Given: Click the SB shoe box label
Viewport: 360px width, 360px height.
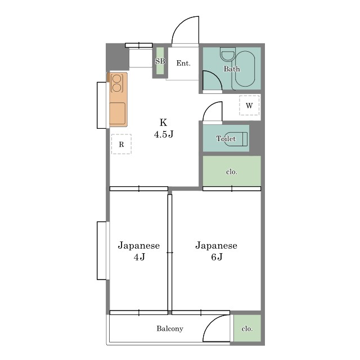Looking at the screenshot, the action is point(160,61).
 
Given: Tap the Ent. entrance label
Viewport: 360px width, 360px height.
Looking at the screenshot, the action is point(183,63).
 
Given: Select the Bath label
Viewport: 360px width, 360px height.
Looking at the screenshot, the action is point(232,69).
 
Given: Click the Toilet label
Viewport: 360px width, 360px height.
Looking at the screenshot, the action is point(226,138).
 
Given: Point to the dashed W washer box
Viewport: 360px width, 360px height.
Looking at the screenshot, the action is point(249,105).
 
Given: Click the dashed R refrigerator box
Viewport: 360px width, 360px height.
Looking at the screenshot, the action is point(121,144).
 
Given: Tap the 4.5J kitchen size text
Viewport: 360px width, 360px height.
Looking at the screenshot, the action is point(164,134).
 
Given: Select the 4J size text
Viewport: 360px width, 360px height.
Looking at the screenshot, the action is point(139,257).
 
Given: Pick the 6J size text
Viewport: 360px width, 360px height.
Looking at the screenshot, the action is point(217,257).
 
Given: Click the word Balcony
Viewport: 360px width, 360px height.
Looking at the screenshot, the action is point(170,328).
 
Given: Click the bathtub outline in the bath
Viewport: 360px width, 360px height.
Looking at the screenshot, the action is point(245,69).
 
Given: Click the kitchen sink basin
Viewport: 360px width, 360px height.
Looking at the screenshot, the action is point(118,114).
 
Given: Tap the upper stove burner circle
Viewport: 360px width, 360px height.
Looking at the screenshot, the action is point(117,79).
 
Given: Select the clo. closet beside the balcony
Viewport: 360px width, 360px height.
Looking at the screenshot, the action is point(247,328).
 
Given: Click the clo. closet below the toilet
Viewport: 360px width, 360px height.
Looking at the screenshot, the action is point(232,171).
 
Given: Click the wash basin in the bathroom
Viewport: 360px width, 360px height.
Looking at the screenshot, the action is point(227,55).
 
